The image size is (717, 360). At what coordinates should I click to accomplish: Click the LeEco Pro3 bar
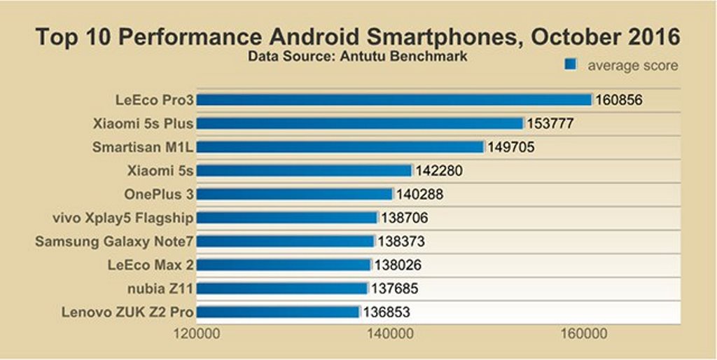pyautogui.click(x=394, y=99)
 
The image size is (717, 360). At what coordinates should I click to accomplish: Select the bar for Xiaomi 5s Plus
pyautogui.click(x=360, y=123)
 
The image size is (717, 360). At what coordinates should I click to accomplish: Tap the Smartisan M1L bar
pyautogui.click(x=340, y=147)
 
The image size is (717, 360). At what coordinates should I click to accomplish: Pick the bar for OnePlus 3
pyautogui.click(x=295, y=194)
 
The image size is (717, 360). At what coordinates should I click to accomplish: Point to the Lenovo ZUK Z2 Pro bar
pyautogui.click(x=278, y=312)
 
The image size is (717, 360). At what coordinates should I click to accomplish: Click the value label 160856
pyautogui.click(x=619, y=100)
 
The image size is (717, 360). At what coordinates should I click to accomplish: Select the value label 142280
pyautogui.click(x=439, y=171)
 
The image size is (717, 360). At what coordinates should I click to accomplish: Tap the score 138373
pyautogui.click(x=401, y=242)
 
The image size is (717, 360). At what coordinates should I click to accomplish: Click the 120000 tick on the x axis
pyautogui.click(x=197, y=334)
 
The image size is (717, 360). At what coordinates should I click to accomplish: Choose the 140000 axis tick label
pyautogui.click(x=389, y=334)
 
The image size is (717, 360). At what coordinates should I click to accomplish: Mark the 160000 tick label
pyautogui.click(x=583, y=334)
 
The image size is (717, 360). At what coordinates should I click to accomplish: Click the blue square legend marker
pyautogui.click(x=571, y=64)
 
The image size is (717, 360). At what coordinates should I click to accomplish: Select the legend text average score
pyautogui.click(x=632, y=65)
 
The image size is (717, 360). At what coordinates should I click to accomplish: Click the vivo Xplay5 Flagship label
pyautogui.click(x=123, y=218)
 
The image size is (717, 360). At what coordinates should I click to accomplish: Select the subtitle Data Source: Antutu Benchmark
pyautogui.click(x=357, y=55)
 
